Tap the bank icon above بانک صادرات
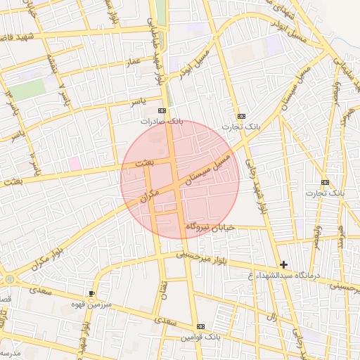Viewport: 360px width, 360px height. point(162,111)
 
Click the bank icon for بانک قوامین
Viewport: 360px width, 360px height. point(202,327)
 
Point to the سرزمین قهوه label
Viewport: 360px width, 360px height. point(91,304)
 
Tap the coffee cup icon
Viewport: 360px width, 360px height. point(92,293)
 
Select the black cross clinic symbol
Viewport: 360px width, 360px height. point(283,264)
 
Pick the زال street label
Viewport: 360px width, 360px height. point(271,318)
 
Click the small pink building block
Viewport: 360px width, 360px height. point(74,163)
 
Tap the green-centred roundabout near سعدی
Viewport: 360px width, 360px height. point(10,280)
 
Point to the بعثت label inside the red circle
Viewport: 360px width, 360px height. point(143,162)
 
